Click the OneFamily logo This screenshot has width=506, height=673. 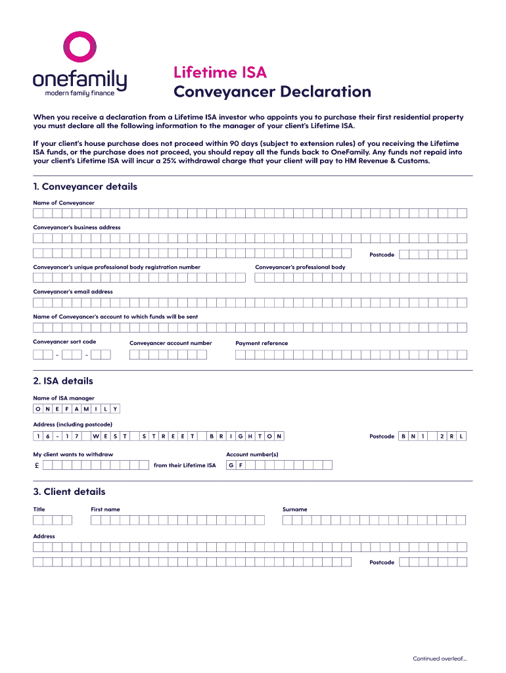point(80,66)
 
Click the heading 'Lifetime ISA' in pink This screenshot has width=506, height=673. point(219,72)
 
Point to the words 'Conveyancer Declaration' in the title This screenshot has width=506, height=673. point(272,92)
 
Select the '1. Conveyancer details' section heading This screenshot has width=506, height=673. point(85,187)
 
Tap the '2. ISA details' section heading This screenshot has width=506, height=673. point(63,381)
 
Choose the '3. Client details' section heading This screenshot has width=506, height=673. point(69,492)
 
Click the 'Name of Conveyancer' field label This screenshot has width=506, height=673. point(64,203)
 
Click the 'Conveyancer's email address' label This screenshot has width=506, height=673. point(73,292)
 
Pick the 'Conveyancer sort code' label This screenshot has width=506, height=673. point(64,342)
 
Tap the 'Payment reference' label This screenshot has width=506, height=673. point(262,343)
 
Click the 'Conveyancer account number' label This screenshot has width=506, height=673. point(170,343)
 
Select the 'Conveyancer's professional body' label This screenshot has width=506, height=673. point(300,267)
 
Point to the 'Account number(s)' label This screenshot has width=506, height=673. point(252,455)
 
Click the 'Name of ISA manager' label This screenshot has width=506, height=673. point(64,398)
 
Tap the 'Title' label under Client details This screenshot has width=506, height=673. point(39,509)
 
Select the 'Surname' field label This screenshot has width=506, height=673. point(294,509)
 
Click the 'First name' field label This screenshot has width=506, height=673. point(105,509)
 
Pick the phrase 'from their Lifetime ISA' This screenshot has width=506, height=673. point(184,465)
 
